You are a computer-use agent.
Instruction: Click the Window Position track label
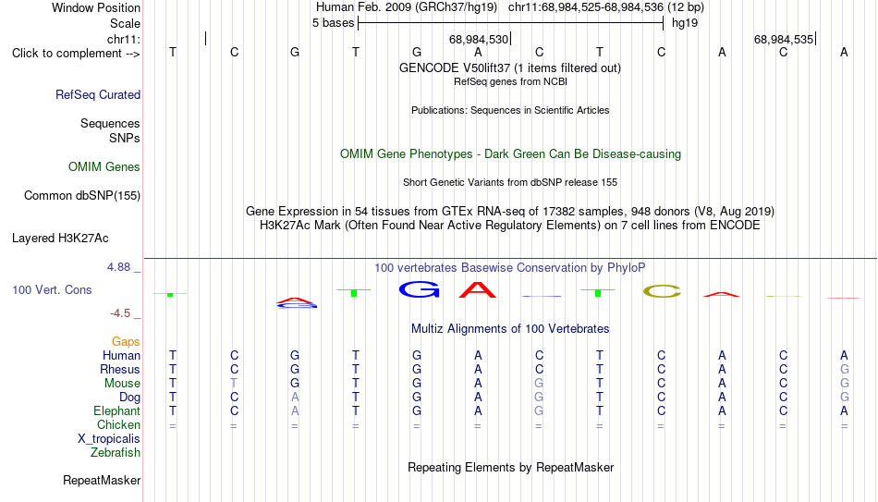click(x=96, y=7)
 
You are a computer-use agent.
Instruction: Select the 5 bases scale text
click(x=333, y=23)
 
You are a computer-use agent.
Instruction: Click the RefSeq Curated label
click(x=98, y=94)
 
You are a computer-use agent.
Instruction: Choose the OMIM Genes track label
click(x=104, y=167)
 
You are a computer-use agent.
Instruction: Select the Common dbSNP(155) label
click(x=82, y=196)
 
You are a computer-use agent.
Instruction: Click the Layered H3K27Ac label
click(x=60, y=239)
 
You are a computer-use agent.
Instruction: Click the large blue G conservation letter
click(x=419, y=289)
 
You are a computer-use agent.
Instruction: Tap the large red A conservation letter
click(x=478, y=289)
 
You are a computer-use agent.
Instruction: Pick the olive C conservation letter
click(x=662, y=291)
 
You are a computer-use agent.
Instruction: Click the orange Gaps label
click(x=126, y=342)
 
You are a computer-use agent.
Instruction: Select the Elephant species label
click(x=117, y=411)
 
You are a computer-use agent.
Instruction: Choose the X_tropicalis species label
click(x=109, y=439)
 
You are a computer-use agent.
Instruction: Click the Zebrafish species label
click(x=116, y=453)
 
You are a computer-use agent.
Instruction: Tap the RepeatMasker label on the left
click(x=102, y=480)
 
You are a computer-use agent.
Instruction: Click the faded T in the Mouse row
click(x=234, y=384)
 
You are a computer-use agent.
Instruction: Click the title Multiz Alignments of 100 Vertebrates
click(x=510, y=329)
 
